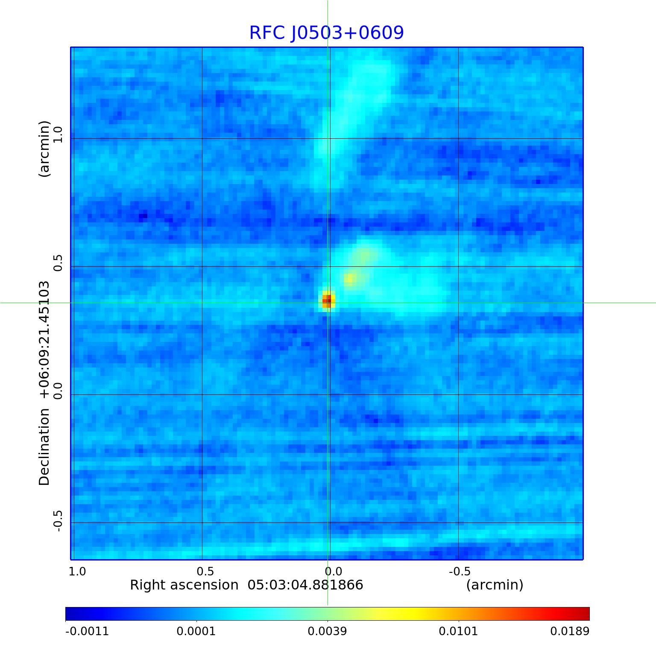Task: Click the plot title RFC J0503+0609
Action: [x=326, y=33]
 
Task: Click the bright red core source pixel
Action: [x=327, y=300]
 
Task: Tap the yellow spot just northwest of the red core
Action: [x=350, y=278]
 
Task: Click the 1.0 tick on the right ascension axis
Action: [x=77, y=571]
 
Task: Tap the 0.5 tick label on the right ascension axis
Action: [x=205, y=571]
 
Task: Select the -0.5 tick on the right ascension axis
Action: [x=460, y=571]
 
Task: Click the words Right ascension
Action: [x=184, y=585]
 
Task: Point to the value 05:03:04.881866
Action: [x=305, y=585]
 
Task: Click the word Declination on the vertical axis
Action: [x=44, y=447]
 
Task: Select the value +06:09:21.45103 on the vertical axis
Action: [x=44, y=340]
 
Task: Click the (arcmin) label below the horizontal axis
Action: [x=495, y=585]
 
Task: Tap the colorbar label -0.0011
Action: [x=87, y=631]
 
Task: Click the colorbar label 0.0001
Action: [x=196, y=631]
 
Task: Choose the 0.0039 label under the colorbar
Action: [x=328, y=631]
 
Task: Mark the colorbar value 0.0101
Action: [x=459, y=631]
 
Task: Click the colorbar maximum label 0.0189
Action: [x=569, y=631]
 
